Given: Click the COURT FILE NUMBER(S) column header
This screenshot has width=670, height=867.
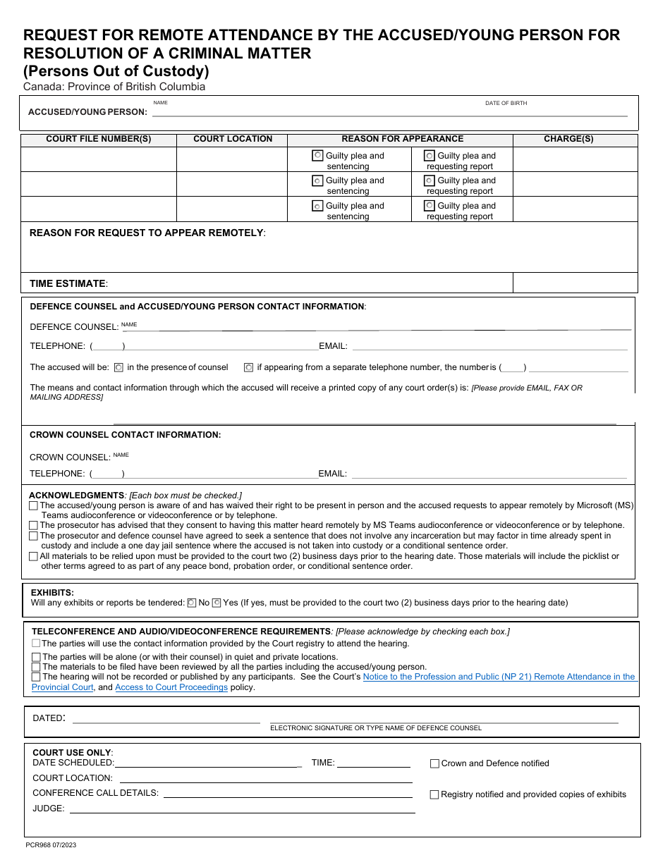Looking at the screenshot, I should (98, 139).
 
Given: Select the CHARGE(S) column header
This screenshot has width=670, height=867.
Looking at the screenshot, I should (568, 139).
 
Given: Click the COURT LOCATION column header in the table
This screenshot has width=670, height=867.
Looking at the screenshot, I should (233, 139).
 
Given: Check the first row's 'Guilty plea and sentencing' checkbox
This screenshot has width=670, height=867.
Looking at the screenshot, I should (318, 156).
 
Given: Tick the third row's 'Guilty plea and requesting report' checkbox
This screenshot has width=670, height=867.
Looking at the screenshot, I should (429, 206).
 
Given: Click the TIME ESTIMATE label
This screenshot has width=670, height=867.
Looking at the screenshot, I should (68, 283).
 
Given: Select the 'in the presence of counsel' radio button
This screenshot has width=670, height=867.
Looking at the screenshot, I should (118, 367).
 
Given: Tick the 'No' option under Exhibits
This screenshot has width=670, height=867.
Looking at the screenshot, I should (191, 603).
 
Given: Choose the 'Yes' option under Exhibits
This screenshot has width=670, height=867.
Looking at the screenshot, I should (217, 603).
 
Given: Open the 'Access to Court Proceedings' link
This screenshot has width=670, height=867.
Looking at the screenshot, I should (171, 687).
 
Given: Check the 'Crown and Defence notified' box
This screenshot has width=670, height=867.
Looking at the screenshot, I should (434, 763).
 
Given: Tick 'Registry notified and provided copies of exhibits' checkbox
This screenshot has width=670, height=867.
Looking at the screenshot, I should (434, 794).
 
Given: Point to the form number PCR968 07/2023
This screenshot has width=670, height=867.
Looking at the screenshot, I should (51, 844).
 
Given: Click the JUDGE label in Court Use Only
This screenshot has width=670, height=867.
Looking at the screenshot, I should (49, 808).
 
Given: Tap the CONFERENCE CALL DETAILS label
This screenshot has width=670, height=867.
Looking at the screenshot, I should (95, 793).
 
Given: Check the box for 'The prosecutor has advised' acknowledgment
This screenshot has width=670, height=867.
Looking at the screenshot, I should (34, 525).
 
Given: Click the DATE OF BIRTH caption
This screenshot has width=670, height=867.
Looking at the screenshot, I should (506, 103).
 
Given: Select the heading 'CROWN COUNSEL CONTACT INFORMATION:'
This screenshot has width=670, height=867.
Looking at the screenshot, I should (125, 435).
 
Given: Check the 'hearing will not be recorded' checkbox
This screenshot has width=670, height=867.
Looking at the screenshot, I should (36, 677).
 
